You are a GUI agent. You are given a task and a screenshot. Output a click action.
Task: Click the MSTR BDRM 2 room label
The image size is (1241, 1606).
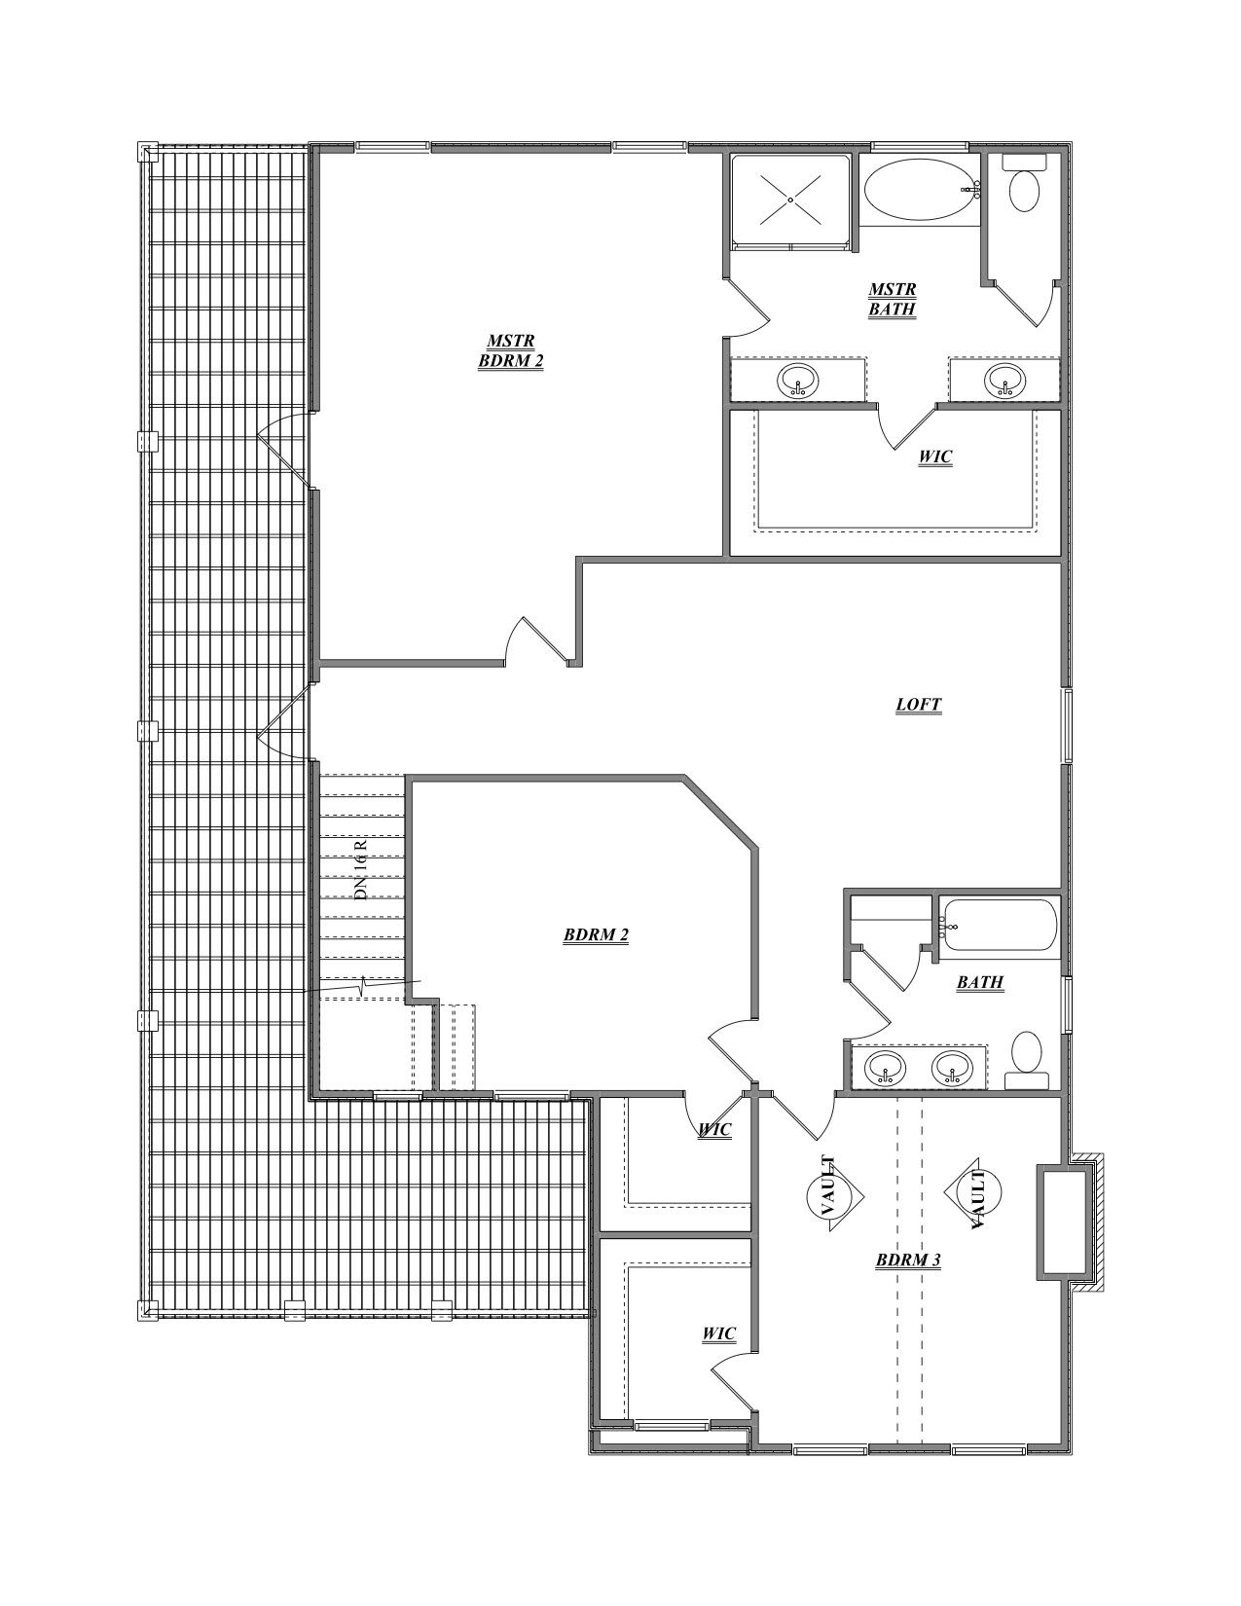coord(510,350)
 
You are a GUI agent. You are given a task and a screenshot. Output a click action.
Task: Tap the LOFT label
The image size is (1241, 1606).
coord(918,705)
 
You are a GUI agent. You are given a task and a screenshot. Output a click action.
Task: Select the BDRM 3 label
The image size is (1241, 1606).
coord(907,1259)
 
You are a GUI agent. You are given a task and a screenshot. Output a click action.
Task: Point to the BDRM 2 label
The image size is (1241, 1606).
coord(596,935)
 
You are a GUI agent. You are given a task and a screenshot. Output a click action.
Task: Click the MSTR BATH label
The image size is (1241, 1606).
coord(892,300)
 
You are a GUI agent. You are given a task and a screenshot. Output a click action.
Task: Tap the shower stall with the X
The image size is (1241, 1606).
coord(790,200)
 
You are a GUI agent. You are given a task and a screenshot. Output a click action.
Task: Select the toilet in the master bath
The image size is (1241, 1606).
coord(1023,185)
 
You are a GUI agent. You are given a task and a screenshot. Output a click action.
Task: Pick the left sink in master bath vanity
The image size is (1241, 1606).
coord(798,381)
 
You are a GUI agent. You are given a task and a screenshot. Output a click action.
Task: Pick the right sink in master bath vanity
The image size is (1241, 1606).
coord(1004,380)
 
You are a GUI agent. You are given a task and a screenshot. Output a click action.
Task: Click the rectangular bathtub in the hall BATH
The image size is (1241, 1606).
coord(999,927)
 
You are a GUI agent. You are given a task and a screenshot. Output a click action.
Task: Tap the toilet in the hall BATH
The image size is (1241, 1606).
coord(1027,1059)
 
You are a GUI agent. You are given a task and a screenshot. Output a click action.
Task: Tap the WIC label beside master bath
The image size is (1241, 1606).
coord(934,456)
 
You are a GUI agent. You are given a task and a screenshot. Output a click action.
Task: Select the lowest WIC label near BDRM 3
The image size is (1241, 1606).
coord(718,1333)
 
